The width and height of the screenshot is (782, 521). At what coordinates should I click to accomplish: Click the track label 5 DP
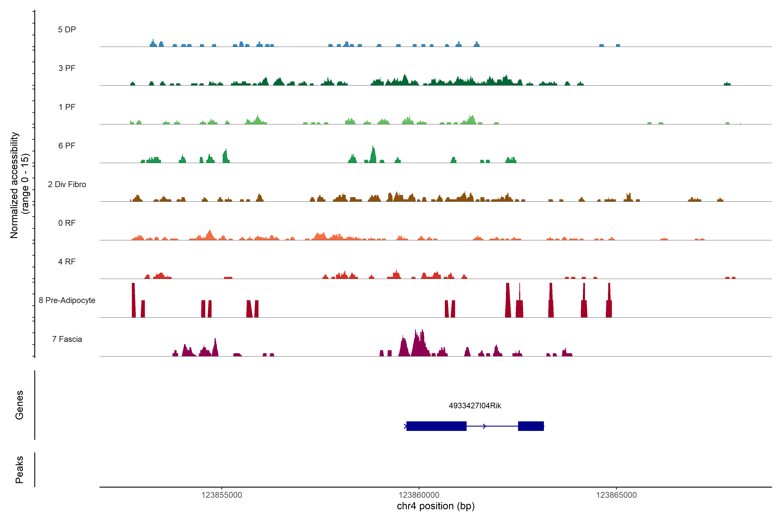[x=67, y=30]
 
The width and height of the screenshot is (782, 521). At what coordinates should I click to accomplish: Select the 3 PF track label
[x=67, y=68]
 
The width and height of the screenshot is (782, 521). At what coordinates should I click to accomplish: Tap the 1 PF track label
[x=67, y=107]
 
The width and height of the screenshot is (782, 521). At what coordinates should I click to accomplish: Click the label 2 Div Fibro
[x=67, y=184]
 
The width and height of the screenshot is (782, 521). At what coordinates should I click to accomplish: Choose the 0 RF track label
[x=67, y=223]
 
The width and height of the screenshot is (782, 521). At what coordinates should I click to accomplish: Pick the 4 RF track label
[x=67, y=262]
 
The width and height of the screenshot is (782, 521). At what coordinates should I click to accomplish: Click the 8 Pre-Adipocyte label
[x=67, y=300]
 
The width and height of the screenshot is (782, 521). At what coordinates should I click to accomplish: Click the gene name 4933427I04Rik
[x=475, y=406]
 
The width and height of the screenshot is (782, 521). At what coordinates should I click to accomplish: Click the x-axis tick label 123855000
[x=222, y=495]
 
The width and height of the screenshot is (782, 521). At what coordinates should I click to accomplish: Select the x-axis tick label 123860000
[x=419, y=495]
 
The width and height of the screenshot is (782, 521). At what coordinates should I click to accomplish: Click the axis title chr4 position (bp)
[x=436, y=506]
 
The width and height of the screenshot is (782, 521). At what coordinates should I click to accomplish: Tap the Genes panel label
[x=19, y=405]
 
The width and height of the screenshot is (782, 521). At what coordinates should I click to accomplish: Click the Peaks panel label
[x=19, y=470]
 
